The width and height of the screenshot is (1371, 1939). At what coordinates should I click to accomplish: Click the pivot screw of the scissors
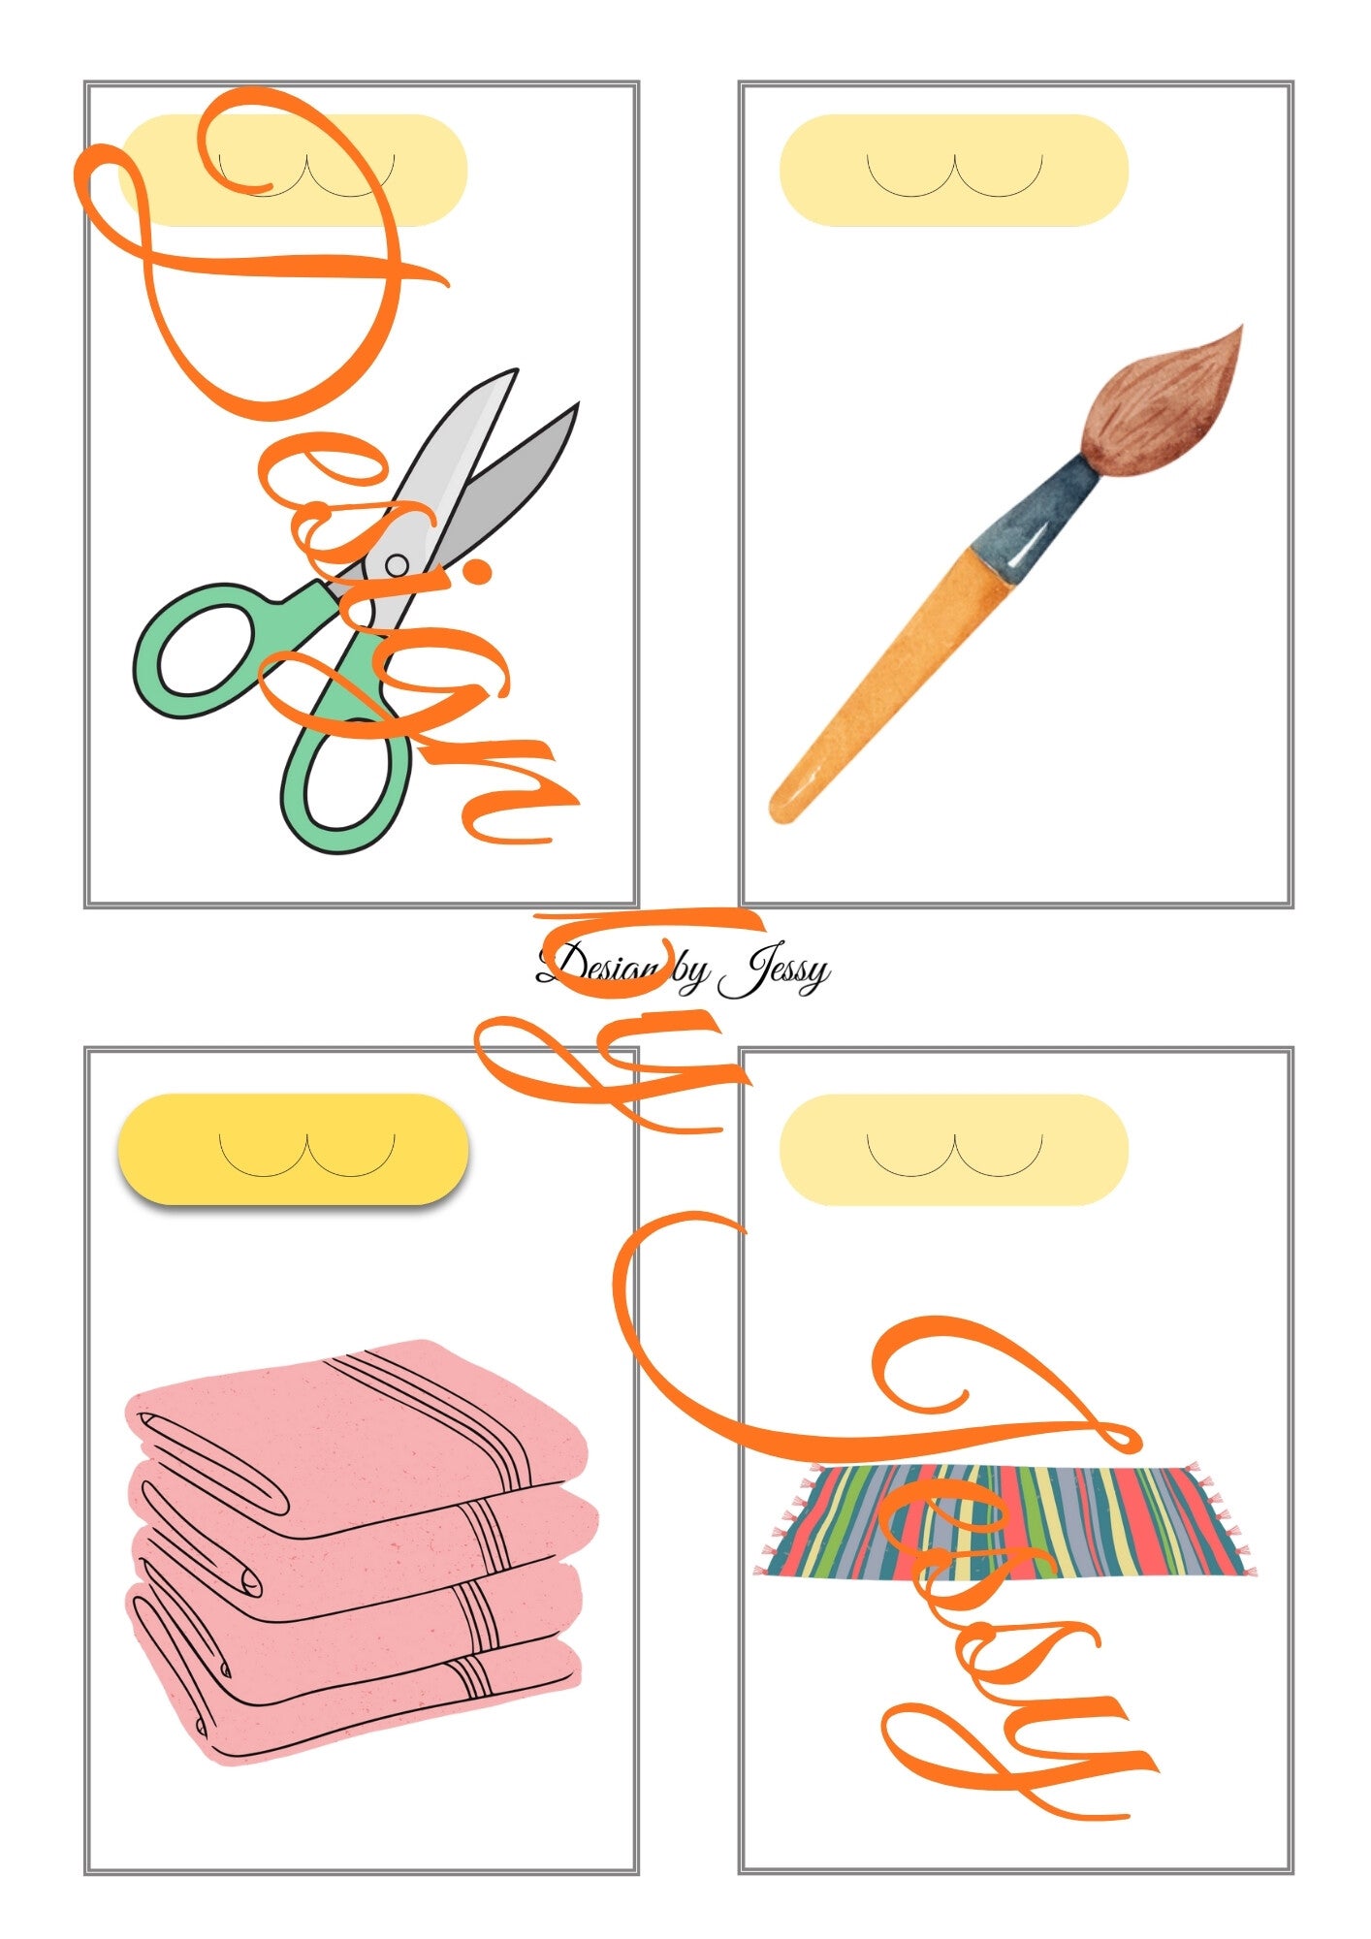point(397,564)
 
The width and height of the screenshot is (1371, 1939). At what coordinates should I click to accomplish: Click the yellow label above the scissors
point(292,170)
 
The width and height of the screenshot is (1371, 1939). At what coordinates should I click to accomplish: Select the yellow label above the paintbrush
point(954,170)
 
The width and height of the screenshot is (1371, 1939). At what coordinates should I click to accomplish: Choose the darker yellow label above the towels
point(293,1149)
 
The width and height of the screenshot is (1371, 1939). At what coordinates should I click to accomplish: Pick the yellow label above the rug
point(954,1150)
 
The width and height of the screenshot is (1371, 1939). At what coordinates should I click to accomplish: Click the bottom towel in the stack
point(354,1687)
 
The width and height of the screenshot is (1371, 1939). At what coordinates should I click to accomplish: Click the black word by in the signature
point(689,971)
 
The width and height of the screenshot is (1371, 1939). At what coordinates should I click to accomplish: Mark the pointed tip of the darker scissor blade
point(577,405)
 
